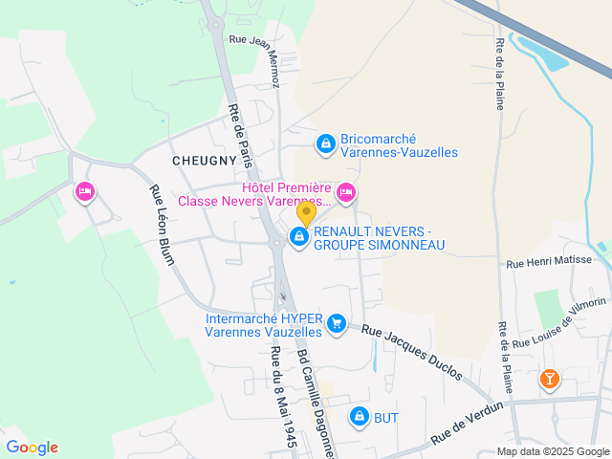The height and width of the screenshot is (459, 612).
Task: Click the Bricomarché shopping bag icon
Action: coord(326,144)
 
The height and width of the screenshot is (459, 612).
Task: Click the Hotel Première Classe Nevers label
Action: coord(254,195)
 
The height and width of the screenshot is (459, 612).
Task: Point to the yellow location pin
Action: coord(306,213)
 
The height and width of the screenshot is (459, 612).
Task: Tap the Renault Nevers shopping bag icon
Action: coord(299,236)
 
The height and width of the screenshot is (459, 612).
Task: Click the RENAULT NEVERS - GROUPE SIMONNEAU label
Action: coord(380,238)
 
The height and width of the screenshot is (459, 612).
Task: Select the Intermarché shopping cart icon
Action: coord(336,324)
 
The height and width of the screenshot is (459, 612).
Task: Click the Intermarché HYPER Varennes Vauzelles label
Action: coord(264,325)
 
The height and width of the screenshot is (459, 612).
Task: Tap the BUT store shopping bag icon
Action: coord(360,417)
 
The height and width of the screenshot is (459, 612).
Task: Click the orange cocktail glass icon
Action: coord(550,380)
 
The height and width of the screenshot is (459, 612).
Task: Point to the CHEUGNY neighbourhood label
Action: coord(204,161)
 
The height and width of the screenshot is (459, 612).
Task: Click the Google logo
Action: coord(33,447)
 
